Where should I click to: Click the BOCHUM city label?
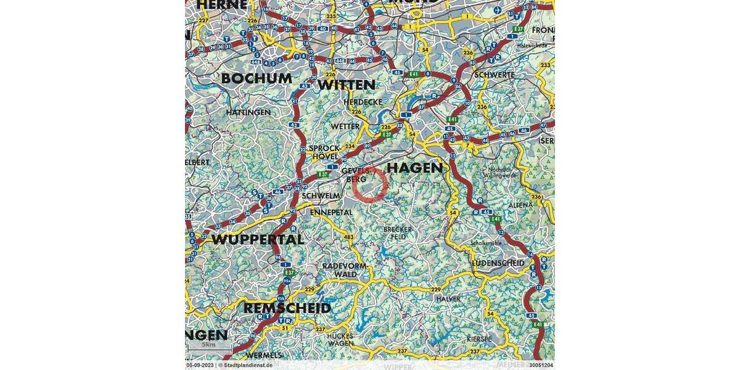coord(257,79)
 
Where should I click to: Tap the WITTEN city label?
coord(347,84)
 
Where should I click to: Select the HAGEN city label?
coord(414,168)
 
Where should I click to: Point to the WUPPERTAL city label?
coord(258,239)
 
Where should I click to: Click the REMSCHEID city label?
coord(287,308)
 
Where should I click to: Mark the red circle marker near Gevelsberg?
coord(371,184)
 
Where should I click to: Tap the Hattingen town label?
coord(248,113)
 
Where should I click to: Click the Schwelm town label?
coord(321,195)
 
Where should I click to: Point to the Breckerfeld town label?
coord(398,232)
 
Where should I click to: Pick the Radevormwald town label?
coord(345,269)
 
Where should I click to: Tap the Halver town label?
coord(448,298)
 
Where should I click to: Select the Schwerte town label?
coord(494,75)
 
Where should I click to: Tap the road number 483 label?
coord(350,237)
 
